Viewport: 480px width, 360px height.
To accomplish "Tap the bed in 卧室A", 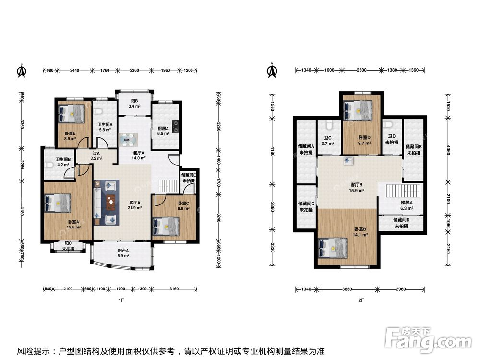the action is click(x=58, y=203).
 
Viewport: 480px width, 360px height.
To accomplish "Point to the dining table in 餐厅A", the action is click(x=128, y=140).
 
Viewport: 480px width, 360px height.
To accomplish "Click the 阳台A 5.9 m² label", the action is click(x=123, y=253).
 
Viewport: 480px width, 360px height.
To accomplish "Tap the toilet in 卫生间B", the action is click(x=49, y=165).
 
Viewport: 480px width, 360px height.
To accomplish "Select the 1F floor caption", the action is click(x=121, y=300).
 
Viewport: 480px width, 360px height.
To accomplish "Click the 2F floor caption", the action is click(x=361, y=300).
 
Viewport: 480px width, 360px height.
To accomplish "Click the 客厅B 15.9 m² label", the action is click(x=357, y=187).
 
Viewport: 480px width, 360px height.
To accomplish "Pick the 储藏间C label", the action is click(x=306, y=206).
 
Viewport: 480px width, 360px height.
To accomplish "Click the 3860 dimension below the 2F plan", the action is click(x=347, y=289).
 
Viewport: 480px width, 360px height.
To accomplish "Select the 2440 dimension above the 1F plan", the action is click(x=74, y=71).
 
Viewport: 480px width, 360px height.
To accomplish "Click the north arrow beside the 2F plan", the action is click(x=272, y=71).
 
